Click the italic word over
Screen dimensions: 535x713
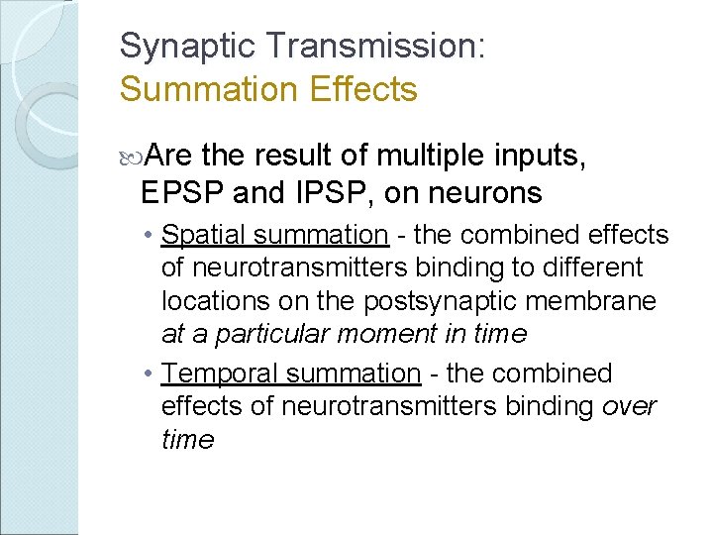629,406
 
